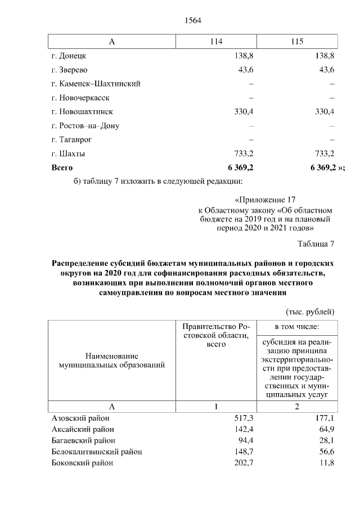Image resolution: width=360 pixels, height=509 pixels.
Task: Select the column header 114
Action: click(216, 42)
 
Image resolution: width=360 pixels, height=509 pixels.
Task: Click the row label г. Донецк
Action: click(69, 56)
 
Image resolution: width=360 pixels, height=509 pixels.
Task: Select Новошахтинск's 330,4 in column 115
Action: click(325, 112)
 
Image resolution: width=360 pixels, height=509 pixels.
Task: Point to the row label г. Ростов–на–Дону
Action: click(85, 125)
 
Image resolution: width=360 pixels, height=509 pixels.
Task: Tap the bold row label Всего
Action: click(62, 168)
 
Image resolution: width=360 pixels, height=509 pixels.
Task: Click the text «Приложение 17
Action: click(264, 200)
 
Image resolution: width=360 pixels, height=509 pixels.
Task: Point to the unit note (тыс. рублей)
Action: click(310, 311)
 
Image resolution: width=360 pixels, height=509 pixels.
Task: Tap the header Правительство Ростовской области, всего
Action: click(216, 335)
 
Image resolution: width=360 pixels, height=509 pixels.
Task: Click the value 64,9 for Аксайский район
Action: click(327, 430)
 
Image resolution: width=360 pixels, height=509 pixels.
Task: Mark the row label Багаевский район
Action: click(82, 440)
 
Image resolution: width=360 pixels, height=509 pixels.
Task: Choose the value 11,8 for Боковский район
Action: click(327, 463)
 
